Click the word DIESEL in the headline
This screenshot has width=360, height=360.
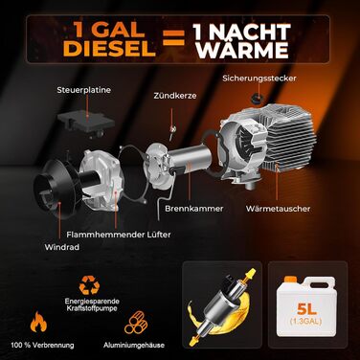coord(110,49)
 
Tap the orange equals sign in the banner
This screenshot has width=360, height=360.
coord(174,38)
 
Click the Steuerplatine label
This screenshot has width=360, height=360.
coord(84,90)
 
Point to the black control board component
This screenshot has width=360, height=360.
coord(85,123)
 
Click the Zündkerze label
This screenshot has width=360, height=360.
coord(175,96)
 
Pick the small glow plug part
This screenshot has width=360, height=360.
coord(172,130)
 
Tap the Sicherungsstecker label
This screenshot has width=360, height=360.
coord(259,79)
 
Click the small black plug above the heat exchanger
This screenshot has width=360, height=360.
coord(256,99)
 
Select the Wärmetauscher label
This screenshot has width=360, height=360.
coord(278,209)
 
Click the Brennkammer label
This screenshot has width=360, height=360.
coord(194,209)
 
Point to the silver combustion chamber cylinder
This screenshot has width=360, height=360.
coord(189,160)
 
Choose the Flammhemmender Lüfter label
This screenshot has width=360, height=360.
coord(119,235)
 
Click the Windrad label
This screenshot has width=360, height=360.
coord(62,247)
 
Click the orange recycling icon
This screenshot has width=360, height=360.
coord(89,285)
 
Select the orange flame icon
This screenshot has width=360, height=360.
coord(38,322)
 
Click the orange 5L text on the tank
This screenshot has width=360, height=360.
coord(306,309)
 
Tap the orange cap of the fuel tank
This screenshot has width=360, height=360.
coord(290,280)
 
